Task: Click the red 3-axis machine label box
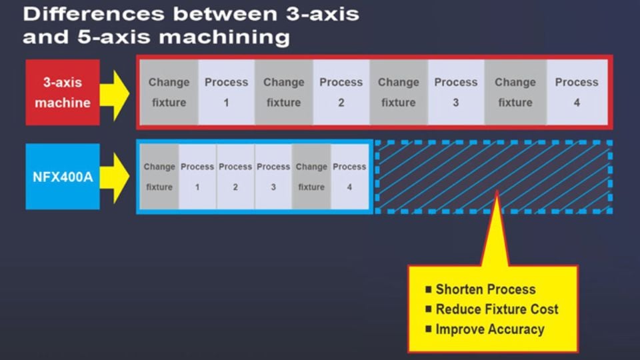[63, 92]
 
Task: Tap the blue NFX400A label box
[63, 177]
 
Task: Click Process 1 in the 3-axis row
[226, 92]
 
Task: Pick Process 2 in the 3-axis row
[341, 92]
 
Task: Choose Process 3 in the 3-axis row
[456, 92]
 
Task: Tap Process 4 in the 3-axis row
[577, 92]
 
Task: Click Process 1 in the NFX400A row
[197, 177]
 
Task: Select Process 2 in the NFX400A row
[235, 177]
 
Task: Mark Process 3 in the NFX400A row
[273, 177]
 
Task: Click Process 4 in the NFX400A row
[349, 177]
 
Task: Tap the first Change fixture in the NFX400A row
[159, 177]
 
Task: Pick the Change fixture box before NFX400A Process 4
[311, 177]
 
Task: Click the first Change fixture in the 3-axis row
[169, 92]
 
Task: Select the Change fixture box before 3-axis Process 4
[515, 92]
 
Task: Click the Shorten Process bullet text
[485, 289]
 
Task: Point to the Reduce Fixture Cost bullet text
[497, 309]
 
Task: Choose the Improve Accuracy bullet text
[490, 329]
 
